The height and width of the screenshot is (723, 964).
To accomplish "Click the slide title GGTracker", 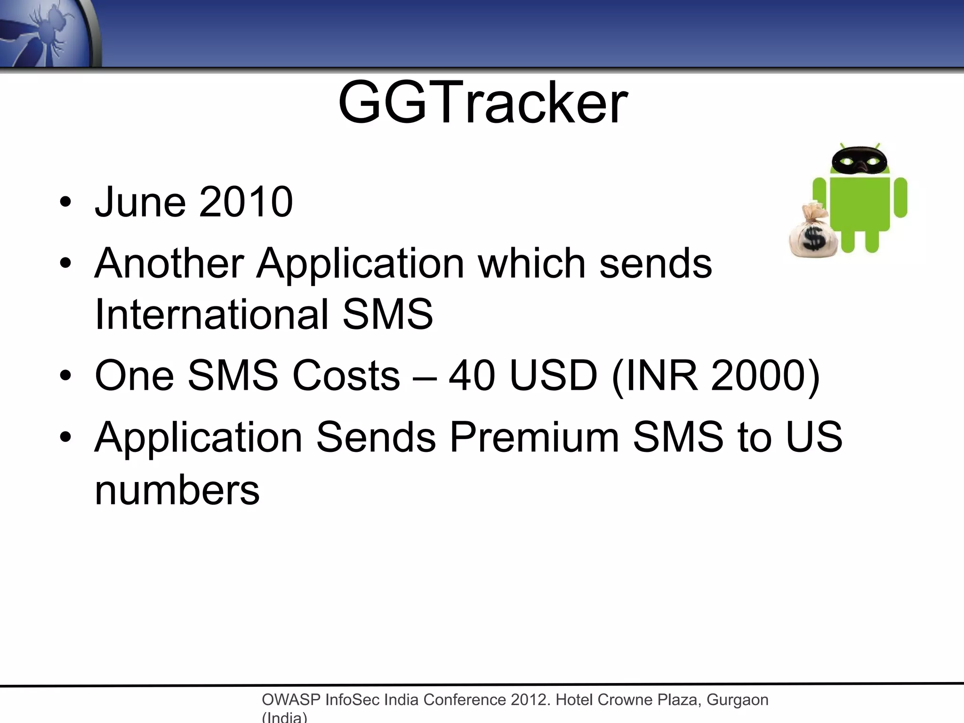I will tap(482, 103).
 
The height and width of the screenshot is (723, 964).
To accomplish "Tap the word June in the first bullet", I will tap(140, 202).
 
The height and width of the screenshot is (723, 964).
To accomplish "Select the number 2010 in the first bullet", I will tap(246, 202).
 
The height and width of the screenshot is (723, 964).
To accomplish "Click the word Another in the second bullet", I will tap(169, 263).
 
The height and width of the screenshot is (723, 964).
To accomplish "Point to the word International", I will tap(211, 314).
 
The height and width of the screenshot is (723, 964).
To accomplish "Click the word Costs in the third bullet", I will tap(346, 376).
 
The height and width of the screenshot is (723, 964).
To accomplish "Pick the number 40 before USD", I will tap(472, 376).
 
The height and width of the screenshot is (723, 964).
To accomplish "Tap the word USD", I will tap(554, 376).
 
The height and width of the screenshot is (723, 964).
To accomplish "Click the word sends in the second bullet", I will tap(655, 263).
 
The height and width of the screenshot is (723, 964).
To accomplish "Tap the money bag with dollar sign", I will tap(813, 233).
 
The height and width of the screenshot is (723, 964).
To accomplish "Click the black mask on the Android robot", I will tap(860, 161).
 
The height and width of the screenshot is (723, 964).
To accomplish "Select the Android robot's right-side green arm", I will tap(900, 197).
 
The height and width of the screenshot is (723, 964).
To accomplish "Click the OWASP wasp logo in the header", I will tap(47, 33).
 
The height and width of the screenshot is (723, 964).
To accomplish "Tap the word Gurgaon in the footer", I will tap(737, 700).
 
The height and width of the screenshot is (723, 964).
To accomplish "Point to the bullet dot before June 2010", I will tap(65, 202).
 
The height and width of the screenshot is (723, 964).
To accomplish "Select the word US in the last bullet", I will tap(814, 437).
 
